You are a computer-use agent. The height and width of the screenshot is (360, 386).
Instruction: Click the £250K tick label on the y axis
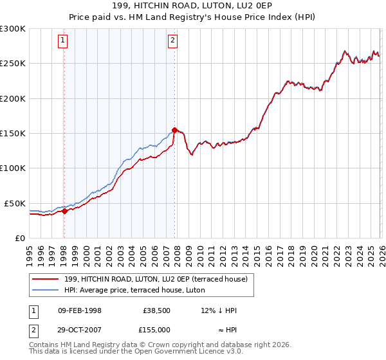(13, 64)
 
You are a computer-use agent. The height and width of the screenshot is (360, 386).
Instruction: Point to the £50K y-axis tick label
(15, 203)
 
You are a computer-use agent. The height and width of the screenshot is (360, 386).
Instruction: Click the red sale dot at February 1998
(64, 211)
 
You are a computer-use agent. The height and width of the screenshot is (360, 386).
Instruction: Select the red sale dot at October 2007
(174, 130)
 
